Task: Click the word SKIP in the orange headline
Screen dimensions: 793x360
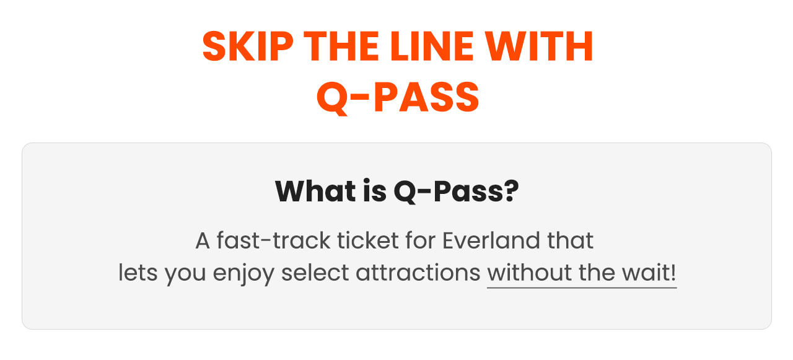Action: click(248, 46)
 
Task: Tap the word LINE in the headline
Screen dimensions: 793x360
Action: click(432, 46)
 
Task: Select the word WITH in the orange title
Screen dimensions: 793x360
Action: click(539, 46)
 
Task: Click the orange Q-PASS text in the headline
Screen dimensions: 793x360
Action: click(398, 97)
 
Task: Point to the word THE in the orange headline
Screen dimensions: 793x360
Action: click(341, 46)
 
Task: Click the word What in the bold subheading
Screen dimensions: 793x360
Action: click(315, 191)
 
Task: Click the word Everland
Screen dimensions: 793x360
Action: click(491, 240)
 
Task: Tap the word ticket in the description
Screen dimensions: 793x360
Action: click(368, 240)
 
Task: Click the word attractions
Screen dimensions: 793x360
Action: click(418, 273)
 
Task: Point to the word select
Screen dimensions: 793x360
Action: click(315, 273)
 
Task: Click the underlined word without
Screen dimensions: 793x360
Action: click(529, 273)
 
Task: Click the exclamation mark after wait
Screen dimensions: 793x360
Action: click(673, 273)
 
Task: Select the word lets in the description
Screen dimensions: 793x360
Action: click(138, 273)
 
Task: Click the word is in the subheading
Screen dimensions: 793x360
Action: click(375, 191)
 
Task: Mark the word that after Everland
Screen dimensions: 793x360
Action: click(571, 240)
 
